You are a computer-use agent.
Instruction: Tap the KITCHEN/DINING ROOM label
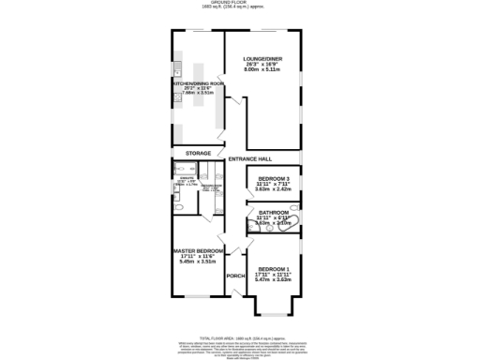click(x=197, y=82)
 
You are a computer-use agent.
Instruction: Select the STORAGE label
click(x=197, y=152)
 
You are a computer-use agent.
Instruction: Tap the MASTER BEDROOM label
click(x=198, y=251)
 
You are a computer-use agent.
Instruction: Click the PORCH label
click(x=235, y=276)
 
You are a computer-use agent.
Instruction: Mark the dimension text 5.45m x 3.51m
click(x=198, y=262)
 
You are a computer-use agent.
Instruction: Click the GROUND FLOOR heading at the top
click(x=239, y=4)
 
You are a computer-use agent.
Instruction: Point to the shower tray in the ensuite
click(x=180, y=170)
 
